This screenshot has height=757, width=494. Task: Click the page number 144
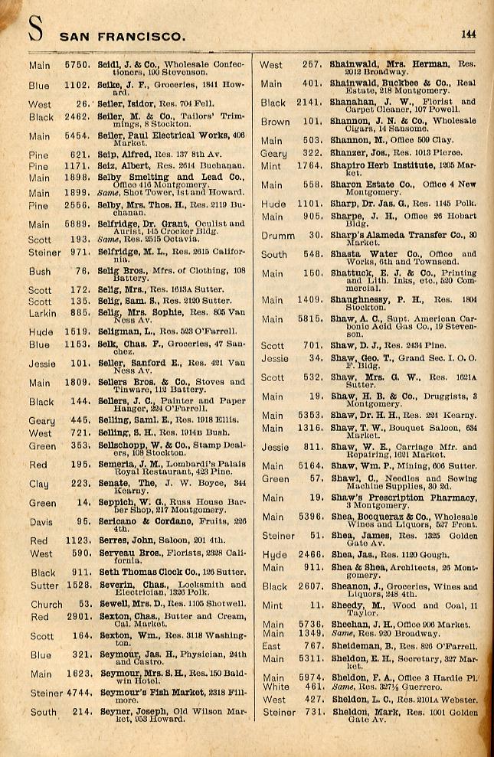tap(468, 34)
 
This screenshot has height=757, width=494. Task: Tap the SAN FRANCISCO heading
tap(123, 36)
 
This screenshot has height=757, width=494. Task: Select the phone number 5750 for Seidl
tap(78, 66)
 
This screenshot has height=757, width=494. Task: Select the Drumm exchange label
tap(276, 236)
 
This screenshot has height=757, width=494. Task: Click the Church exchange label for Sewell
tap(46, 605)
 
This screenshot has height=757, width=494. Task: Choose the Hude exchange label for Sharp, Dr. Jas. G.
tap(273, 204)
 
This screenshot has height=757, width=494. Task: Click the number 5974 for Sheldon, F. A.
tap(308, 677)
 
